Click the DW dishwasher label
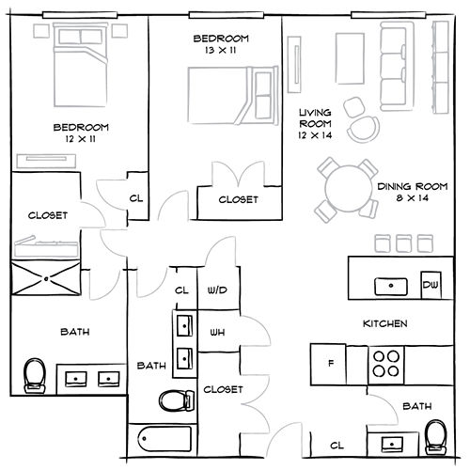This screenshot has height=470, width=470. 430,285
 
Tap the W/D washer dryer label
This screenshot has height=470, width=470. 216,291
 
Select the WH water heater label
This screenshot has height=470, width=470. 216,332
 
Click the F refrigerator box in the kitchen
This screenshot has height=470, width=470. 330,362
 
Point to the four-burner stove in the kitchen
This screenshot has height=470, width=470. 385,362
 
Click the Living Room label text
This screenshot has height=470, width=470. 315,123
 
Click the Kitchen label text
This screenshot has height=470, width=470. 384,323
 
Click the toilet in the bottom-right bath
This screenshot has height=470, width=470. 434,437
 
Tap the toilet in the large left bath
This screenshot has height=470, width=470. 35,376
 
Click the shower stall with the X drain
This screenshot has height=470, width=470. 44,279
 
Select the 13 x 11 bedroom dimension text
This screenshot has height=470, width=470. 220,50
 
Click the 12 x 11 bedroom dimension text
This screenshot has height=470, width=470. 80,139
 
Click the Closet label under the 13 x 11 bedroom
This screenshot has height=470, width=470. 239,200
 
